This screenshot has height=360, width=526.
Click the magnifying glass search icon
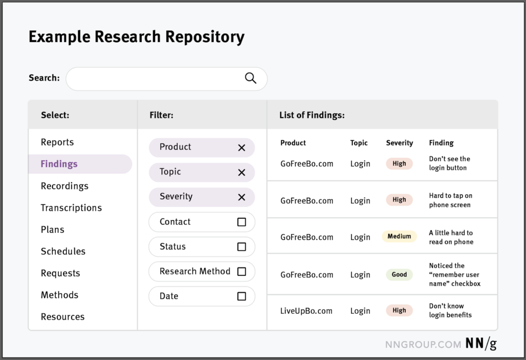pos(251,78)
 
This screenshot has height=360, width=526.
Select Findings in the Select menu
pos(59,164)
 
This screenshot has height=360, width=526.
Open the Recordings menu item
pos(64,186)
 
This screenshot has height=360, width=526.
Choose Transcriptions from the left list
pos(71,207)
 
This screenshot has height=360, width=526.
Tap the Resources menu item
pos(63,317)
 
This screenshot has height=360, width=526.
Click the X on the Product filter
pos(241,147)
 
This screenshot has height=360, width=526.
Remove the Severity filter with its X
pos(241,197)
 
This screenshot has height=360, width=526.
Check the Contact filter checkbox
pos(241,222)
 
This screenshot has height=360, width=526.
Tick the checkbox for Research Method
pos(241,272)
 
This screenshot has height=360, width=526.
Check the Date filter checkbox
pos(241,296)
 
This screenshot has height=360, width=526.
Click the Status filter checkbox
pos(241,247)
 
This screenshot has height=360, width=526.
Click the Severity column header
pos(400,143)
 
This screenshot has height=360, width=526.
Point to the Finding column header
pos(441,143)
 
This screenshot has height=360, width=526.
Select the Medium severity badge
pos(399,236)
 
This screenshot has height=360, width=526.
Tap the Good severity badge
pos(399,274)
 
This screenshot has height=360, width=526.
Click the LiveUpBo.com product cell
pos(306,311)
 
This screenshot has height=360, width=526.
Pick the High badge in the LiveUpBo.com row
pos(399,310)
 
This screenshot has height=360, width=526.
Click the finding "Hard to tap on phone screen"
pos(450,200)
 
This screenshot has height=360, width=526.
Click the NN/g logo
pos(481,344)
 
